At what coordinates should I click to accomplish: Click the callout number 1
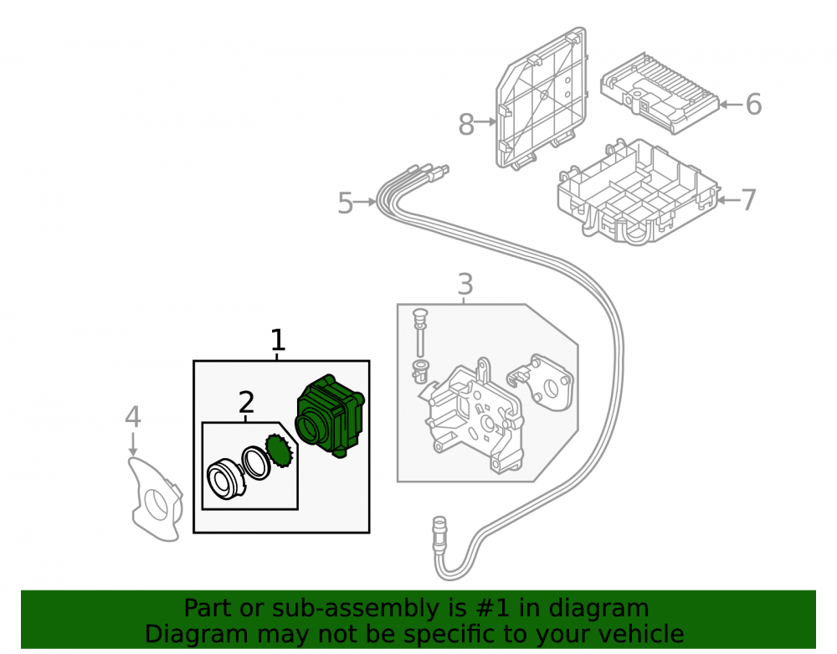point(278,339)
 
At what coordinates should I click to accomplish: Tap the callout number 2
point(246,403)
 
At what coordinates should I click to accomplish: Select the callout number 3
point(465,284)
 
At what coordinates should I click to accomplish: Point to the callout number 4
point(133,417)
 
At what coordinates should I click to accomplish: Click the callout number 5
point(346,203)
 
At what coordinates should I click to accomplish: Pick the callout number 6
point(753,104)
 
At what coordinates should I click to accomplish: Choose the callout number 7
point(749,200)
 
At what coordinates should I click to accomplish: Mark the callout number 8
point(466,125)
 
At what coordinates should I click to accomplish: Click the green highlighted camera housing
point(330,416)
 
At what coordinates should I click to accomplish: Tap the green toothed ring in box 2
point(280,451)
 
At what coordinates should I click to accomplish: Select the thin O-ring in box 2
point(256,462)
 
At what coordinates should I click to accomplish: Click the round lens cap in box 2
point(225,479)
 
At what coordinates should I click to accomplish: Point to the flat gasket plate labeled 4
point(155,498)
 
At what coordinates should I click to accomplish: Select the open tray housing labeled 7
point(639,193)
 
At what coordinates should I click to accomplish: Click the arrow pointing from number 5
point(365,202)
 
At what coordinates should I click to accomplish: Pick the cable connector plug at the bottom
point(439,534)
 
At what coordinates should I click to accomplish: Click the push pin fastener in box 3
point(420,332)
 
